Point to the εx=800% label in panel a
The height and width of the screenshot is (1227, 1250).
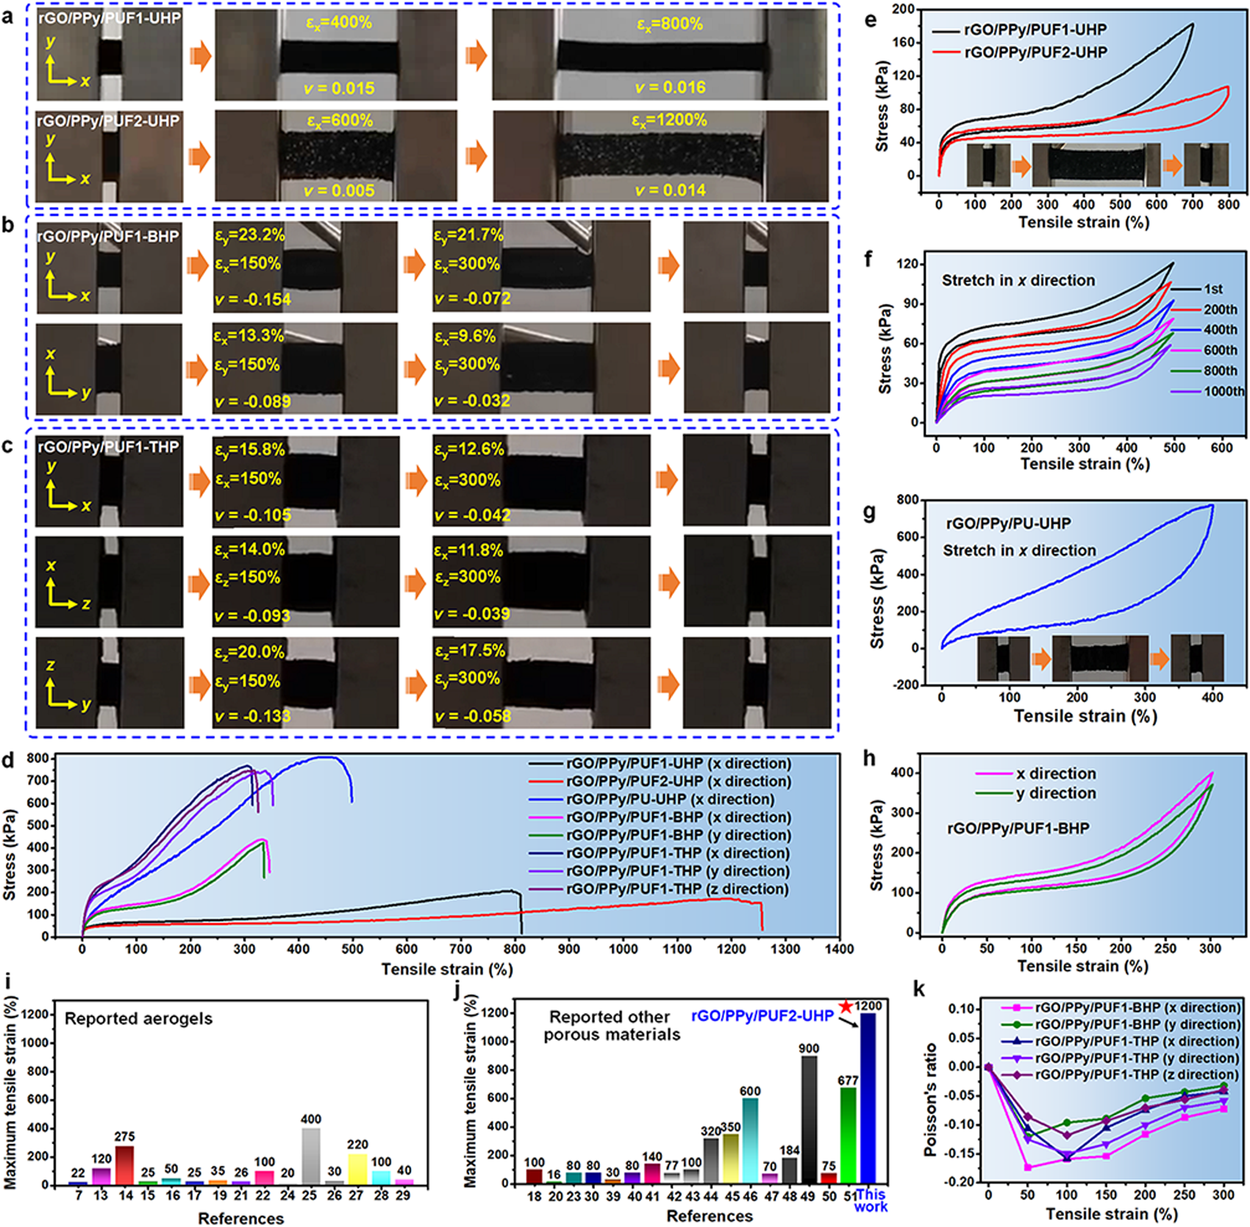pos(670,24)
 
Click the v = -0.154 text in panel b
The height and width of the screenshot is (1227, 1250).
pos(252,299)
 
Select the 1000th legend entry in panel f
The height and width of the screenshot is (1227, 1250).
pos(1223,391)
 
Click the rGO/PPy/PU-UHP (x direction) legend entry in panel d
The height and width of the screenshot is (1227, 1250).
pos(670,799)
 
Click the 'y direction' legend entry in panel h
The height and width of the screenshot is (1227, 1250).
pos(1055,793)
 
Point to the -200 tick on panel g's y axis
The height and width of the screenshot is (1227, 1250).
pos(906,685)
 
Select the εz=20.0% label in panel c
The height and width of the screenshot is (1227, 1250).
pos(249,652)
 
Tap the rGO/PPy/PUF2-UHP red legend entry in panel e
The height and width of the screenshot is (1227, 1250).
pos(1035,52)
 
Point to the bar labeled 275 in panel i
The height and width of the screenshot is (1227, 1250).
pos(125,1164)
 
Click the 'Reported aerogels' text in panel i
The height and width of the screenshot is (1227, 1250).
pos(138,1019)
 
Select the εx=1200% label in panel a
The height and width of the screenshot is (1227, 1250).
pos(670,121)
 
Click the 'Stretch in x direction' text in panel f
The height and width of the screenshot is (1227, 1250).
pos(1018,281)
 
